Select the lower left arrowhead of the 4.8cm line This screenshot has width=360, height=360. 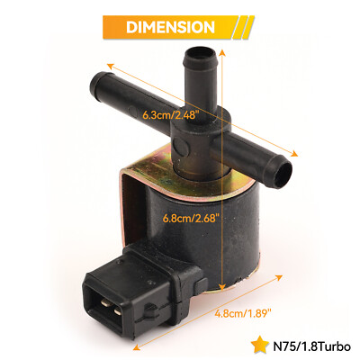(135, 346)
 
